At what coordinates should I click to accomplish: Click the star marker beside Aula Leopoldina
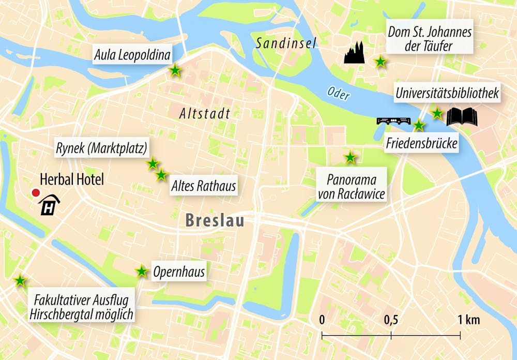pos(175,70)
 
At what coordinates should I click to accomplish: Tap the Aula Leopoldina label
pos(132,54)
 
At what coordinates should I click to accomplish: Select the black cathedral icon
pos(354,52)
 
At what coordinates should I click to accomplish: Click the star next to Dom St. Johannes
pos(381,62)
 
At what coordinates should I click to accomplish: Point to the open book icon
pos(462,117)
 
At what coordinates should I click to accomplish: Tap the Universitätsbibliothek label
pos(447,94)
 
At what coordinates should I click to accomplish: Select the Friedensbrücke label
pos(422,143)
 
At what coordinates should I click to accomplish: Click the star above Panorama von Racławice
pos(350,157)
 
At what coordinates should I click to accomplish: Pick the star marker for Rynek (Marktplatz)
pos(153,164)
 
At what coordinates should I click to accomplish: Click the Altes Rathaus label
pos(204,186)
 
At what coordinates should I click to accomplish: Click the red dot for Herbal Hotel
pos(36,193)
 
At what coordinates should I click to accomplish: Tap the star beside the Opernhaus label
pos(142,271)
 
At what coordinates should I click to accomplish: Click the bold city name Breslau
pos(215,221)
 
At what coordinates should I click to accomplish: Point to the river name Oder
pos(338,94)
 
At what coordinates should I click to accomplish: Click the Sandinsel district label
pos(285,43)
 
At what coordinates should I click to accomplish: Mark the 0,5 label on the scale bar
pos(391,320)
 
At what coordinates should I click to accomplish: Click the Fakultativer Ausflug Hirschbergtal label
pos(81,307)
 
